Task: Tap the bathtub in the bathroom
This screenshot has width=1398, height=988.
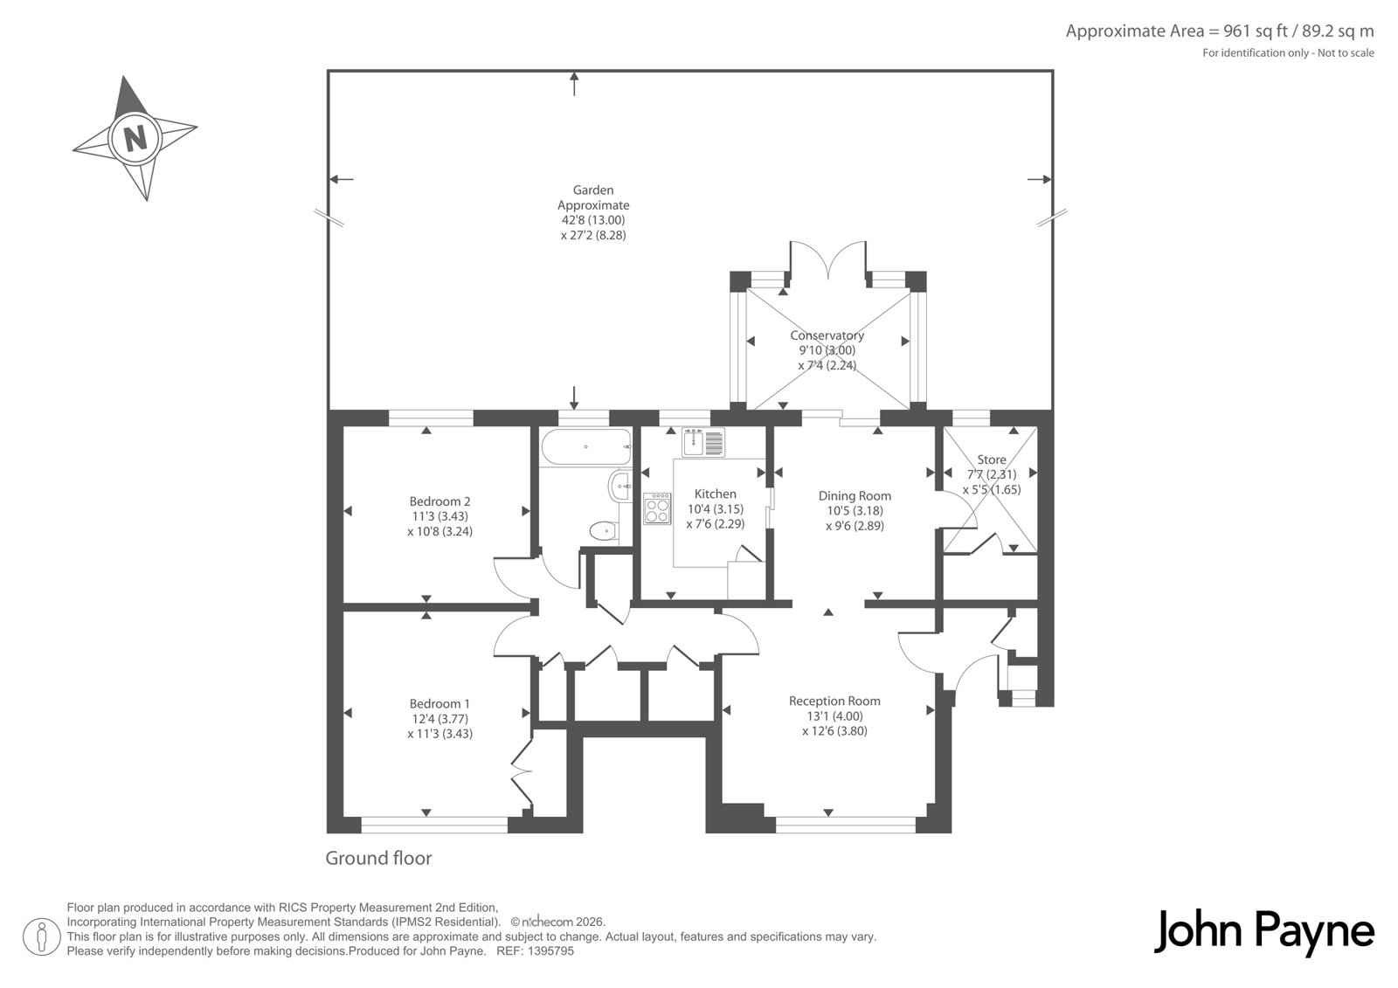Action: coord(586,447)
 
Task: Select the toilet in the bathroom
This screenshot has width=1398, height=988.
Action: coord(604,531)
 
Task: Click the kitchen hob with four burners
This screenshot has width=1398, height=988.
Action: coord(657,508)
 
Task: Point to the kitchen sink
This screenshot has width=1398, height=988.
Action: coord(703,442)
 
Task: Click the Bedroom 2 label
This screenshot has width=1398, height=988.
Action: coord(440,501)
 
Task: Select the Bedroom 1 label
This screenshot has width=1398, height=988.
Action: coord(440,703)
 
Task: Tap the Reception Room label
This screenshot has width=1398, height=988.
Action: coord(834,701)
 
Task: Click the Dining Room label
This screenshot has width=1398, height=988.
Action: coord(855,495)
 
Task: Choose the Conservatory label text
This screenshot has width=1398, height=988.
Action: coord(827,335)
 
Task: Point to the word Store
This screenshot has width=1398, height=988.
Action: coord(992,459)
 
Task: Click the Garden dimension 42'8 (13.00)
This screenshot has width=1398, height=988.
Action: coord(593,219)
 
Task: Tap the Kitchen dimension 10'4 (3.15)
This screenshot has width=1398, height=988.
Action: coord(716,508)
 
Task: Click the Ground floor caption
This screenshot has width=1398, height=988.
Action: coord(379,858)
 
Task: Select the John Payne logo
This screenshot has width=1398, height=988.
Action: coord(1263,932)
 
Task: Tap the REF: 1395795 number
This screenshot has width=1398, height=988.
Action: coord(535,951)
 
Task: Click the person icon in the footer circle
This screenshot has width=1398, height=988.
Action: coord(41,936)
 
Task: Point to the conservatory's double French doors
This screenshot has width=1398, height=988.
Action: coord(828,259)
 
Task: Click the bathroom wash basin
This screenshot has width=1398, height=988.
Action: coord(620,485)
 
